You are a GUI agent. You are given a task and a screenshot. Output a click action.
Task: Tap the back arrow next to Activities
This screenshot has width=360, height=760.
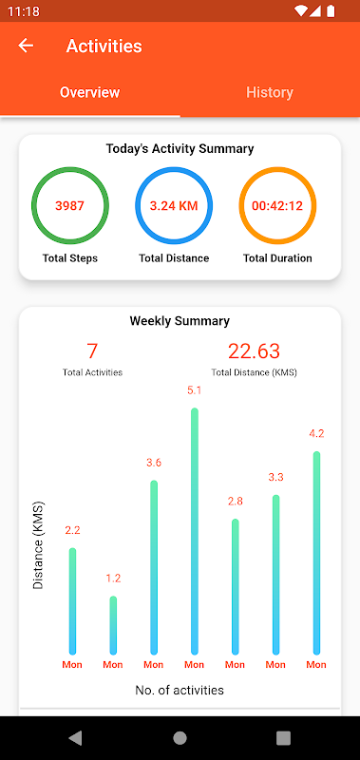26,46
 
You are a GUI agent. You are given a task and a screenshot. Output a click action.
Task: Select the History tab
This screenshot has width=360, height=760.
270,92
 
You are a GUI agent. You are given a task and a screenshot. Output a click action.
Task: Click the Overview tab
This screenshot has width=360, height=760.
89,92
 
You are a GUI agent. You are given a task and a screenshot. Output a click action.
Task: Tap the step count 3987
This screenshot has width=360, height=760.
69,206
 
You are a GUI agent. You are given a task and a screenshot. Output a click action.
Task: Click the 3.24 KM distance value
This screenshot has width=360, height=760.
174,206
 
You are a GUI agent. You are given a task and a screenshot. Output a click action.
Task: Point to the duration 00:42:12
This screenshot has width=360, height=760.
277,206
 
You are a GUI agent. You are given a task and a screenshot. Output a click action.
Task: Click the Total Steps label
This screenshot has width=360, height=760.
70,258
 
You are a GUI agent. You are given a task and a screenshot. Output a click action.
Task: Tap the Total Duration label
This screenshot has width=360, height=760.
277,258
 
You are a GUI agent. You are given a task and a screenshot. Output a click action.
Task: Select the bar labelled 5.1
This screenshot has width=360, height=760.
195,531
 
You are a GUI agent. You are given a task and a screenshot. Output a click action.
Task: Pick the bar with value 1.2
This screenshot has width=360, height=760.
113,625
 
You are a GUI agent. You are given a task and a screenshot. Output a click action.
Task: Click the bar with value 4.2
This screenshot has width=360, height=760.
316,553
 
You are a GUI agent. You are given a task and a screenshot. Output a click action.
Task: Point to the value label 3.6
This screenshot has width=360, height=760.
154,463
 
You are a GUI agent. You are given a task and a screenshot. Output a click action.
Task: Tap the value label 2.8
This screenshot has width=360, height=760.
235,502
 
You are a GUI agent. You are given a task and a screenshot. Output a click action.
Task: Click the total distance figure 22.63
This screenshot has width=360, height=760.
255,351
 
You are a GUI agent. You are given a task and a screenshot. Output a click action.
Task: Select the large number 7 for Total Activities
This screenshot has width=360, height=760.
92,351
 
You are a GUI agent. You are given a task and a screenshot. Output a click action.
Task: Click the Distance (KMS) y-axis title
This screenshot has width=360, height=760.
38,545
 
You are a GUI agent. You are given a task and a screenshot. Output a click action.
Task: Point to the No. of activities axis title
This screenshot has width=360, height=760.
180,691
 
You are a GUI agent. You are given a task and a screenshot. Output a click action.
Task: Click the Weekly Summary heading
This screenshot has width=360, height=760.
180,321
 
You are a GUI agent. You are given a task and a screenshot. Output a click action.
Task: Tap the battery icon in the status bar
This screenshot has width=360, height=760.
331,10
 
